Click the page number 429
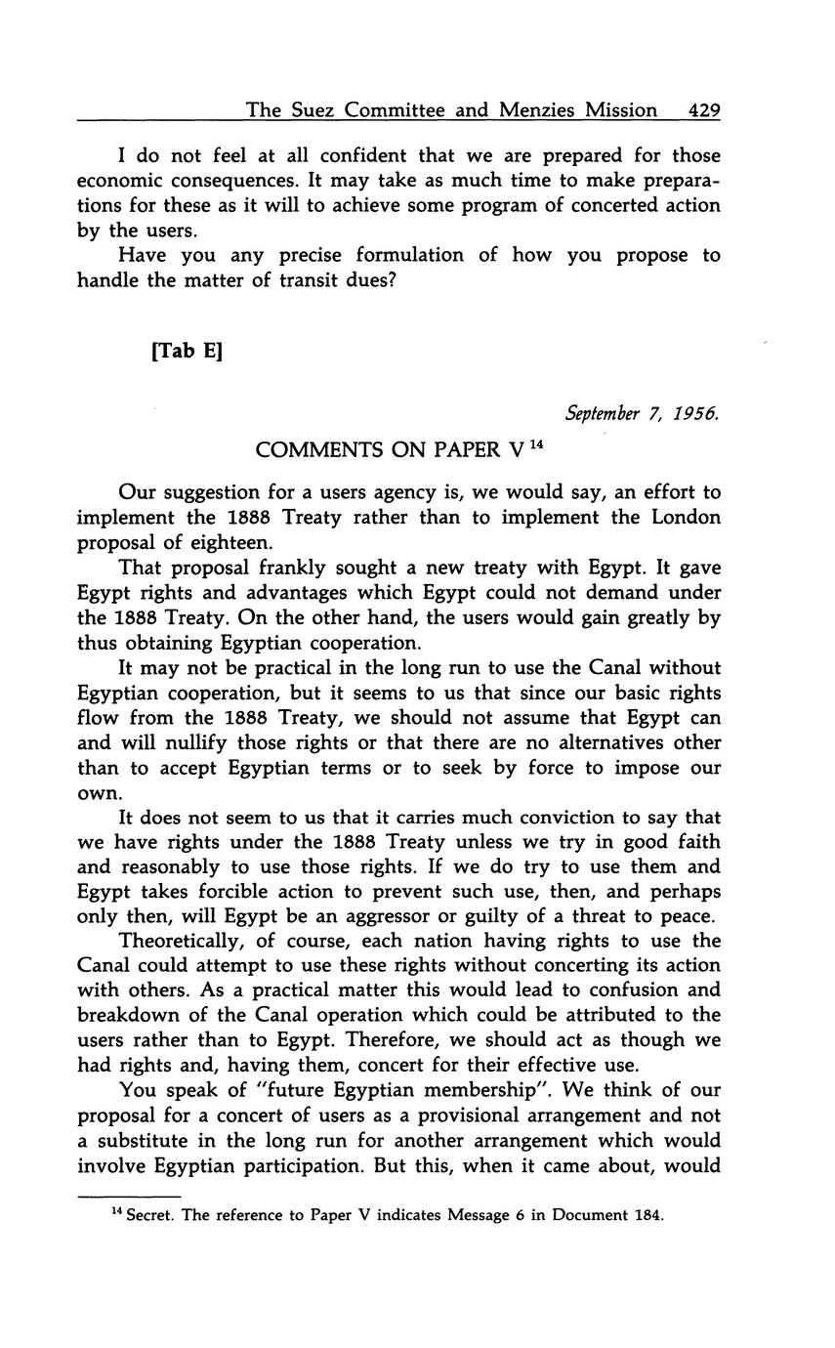pyautogui.click(x=703, y=110)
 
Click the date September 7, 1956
pyautogui.click(x=643, y=413)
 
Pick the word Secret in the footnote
pyautogui.click(x=151, y=1216)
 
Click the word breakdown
pyautogui.click(x=125, y=1015)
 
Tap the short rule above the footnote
pyautogui.click(x=129, y=1196)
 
